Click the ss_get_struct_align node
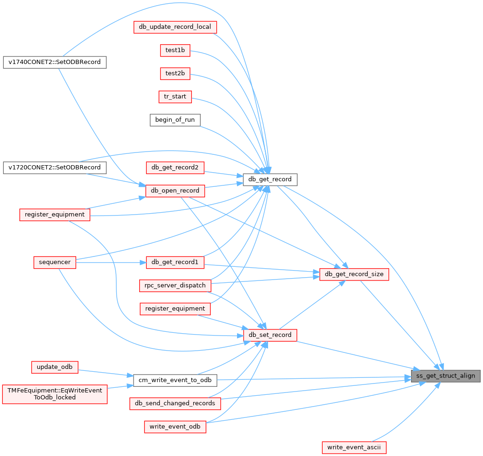(446, 376)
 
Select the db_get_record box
(270, 179)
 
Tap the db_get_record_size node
(354, 274)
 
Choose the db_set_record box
(270, 335)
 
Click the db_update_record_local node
(175, 27)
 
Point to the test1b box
(175, 50)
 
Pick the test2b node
(175, 73)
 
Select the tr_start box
(175, 97)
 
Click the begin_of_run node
(175, 120)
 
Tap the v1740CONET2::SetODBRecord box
(55, 62)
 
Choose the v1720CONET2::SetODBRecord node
(55, 168)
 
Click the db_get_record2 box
(175, 167)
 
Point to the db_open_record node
(175, 191)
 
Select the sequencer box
(55, 262)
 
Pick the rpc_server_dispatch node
(175, 285)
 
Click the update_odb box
(55, 367)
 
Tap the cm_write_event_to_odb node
(175, 380)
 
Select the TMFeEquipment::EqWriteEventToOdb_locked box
(55, 393)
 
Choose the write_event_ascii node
(354, 447)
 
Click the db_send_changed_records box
(175, 403)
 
